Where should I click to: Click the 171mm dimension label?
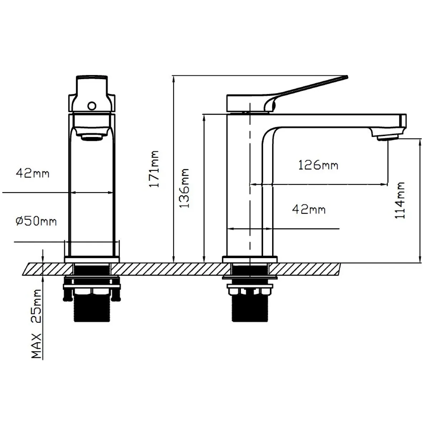click(154, 169)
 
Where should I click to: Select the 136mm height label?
click(184, 188)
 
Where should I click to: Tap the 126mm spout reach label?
click(318, 165)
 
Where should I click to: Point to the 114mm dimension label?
click(400, 200)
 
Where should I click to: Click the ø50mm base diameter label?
click(36, 221)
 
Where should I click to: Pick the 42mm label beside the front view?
click(33, 173)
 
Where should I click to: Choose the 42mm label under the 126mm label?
click(309, 209)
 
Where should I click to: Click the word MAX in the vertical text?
click(36, 346)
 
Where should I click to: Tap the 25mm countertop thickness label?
click(36, 306)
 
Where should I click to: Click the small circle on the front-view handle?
click(92, 106)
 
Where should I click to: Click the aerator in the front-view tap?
click(92, 137)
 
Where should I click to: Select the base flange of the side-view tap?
click(250, 259)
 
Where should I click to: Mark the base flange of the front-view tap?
click(92, 259)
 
